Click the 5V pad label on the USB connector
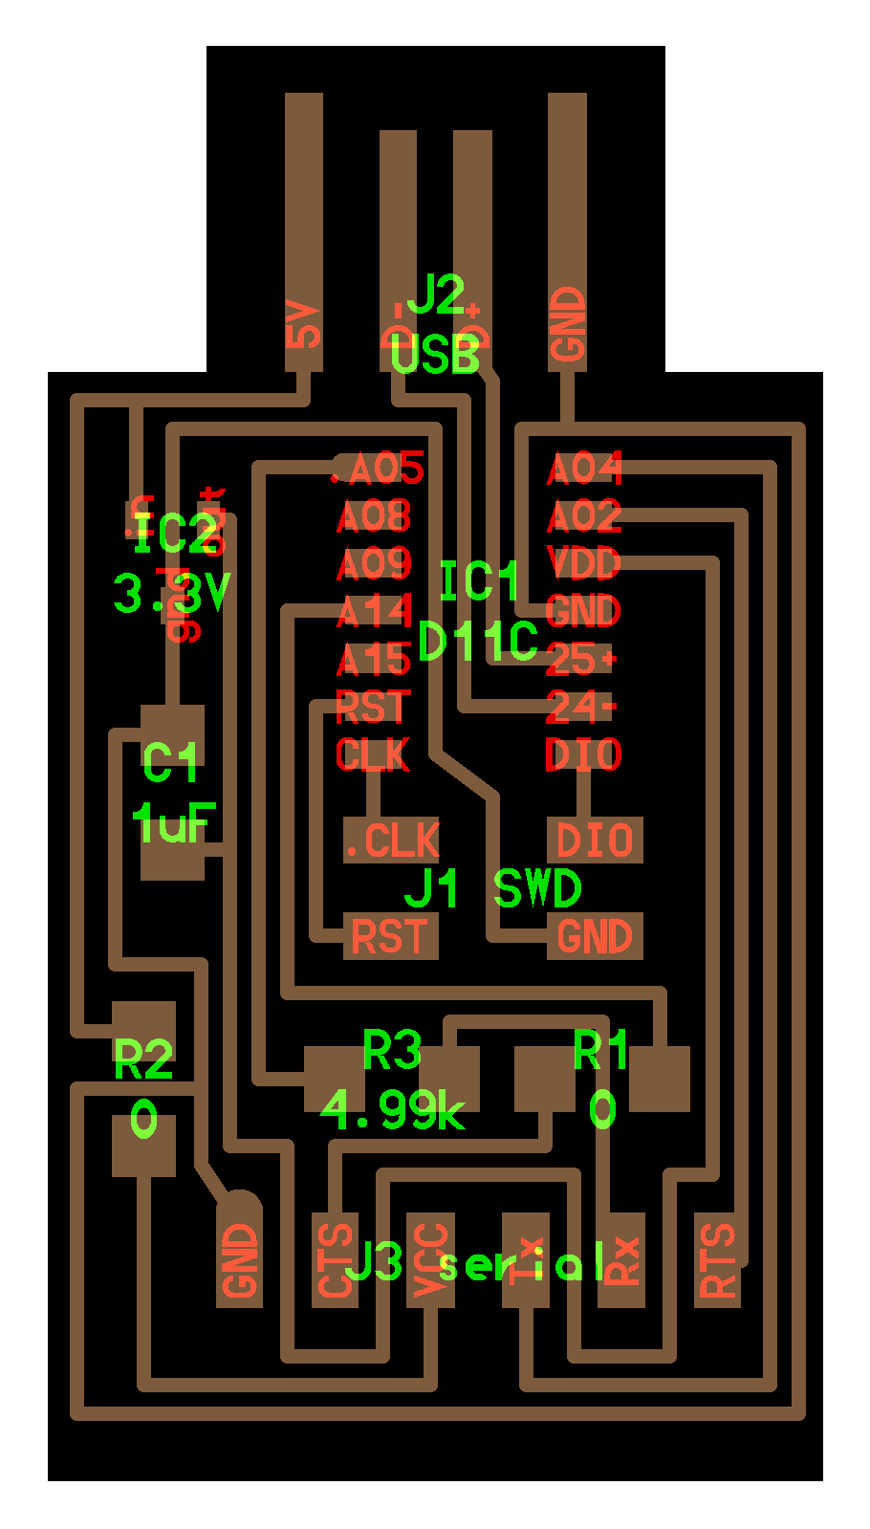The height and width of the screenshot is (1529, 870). tap(303, 325)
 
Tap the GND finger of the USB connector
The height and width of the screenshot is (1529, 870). tap(567, 229)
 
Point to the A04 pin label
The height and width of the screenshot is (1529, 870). tap(584, 469)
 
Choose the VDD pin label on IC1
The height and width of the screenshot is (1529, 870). tap(583, 562)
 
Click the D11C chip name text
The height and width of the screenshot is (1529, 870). tap(478, 642)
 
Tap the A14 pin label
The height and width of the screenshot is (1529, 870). tap(374, 611)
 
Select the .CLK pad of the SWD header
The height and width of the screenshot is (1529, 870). tap(391, 841)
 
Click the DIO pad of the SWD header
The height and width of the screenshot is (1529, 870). tap(594, 841)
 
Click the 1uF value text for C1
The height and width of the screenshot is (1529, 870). tap(173, 822)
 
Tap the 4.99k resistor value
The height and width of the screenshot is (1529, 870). tap(392, 1110)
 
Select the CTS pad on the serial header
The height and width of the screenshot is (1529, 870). tap(336, 1260)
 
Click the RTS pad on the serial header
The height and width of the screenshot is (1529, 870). tap(717, 1260)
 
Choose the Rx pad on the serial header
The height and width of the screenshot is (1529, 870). tap(621, 1260)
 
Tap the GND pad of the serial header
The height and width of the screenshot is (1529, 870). tap(239, 1260)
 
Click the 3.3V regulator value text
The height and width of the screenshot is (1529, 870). tap(172, 593)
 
